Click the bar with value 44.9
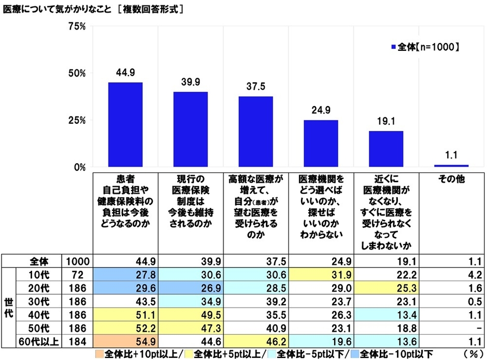[x=125, y=124]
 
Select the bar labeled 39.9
[x=190, y=129]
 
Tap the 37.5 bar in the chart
[x=255, y=132]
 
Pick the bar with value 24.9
[x=321, y=143]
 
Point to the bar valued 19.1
[x=386, y=149]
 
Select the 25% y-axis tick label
[x=77, y=120]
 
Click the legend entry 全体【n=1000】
[x=424, y=47]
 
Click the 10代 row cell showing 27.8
[x=125, y=275]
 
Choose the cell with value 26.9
[x=190, y=288]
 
